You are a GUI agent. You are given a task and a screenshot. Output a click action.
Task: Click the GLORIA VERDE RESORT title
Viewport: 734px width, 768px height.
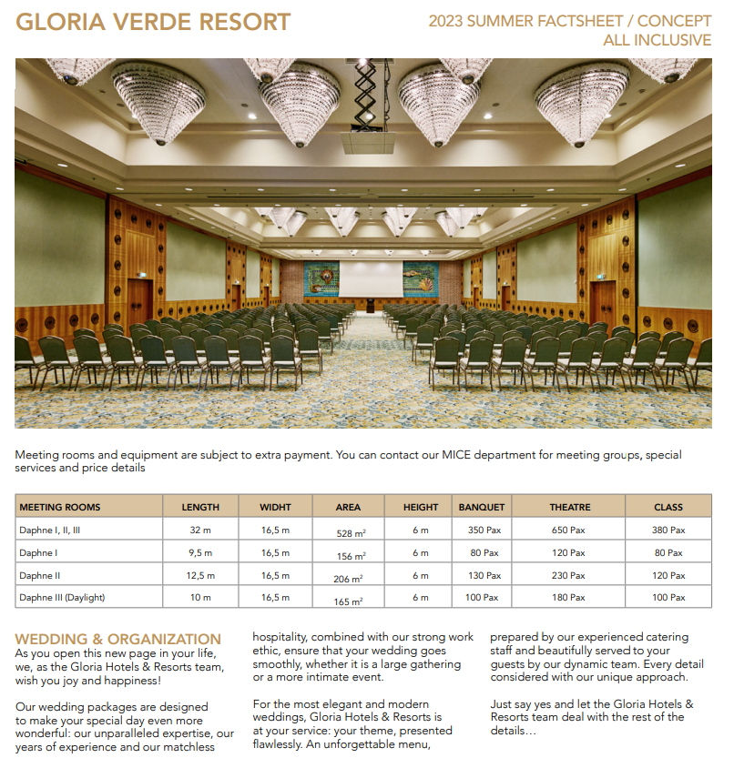click(x=153, y=23)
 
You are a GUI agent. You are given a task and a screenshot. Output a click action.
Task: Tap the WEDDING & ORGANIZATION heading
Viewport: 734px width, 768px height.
click(x=118, y=639)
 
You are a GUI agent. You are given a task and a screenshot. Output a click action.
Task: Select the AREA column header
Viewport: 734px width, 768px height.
click(x=348, y=507)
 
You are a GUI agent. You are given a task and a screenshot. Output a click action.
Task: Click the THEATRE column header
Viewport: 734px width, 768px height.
click(x=570, y=507)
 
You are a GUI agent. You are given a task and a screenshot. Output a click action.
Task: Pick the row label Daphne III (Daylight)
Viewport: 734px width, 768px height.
click(x=62, y=598)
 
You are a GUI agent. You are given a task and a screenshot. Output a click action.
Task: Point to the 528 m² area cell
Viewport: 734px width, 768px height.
click(x=350, y=531)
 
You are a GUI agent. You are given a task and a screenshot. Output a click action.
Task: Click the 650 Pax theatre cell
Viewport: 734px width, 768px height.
click(x=570, y=530)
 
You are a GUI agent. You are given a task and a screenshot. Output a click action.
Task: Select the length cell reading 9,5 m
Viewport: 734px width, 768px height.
click(x=200, y=552)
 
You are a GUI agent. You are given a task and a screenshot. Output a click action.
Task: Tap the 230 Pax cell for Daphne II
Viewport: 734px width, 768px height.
click(x=570, y=575)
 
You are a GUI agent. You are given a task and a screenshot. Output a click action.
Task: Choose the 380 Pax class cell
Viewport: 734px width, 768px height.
click(x=668, y=530)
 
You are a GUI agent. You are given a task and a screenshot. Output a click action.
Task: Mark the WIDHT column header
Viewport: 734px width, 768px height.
click(x=275, y=507)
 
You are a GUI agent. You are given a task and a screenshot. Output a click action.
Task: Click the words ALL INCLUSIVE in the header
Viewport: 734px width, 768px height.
click(x=657, y=40)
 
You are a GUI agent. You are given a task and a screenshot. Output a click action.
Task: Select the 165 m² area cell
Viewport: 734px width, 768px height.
click(x=349, y=601)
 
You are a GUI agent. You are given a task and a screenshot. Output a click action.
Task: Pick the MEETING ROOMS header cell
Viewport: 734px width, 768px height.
click(x=60, y=507)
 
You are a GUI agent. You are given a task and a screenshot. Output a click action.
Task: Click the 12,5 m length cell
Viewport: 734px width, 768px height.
click(x=200, y=575)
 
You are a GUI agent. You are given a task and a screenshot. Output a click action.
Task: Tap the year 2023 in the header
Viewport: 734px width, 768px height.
click(x=446, y=21)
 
